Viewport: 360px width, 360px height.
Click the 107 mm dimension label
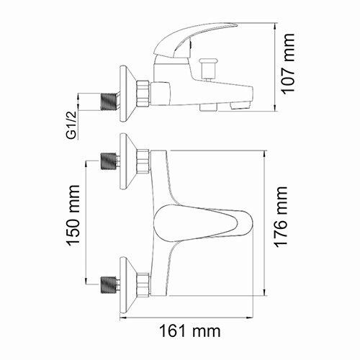[289, 67]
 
